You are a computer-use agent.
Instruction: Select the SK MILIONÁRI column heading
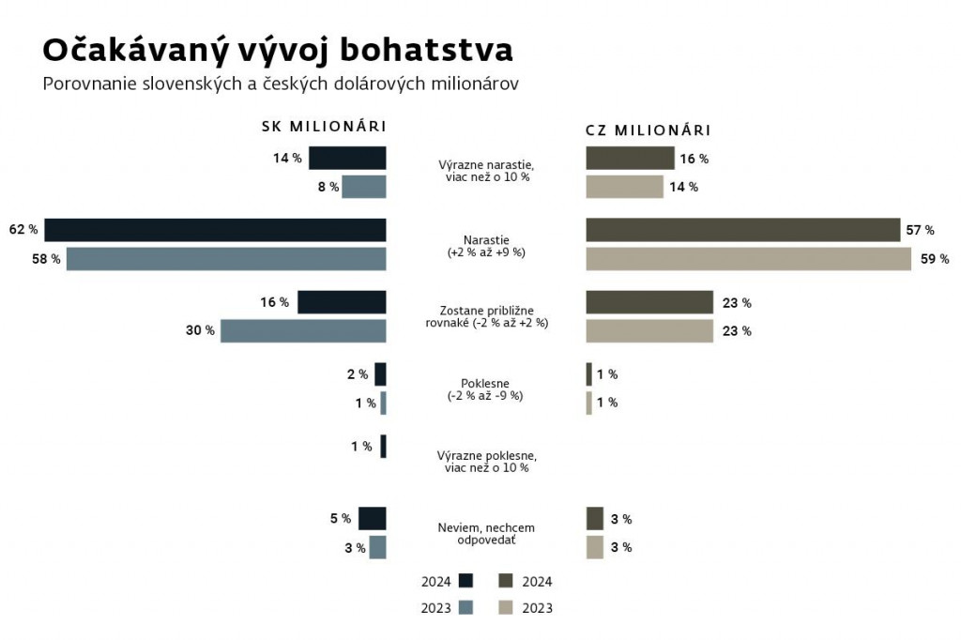click(x=324, y=127)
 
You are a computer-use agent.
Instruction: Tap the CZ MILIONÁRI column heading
click(x=648, y=130)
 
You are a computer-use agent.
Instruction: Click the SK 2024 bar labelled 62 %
click(x=215, y=230)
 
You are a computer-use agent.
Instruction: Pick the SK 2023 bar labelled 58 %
click(x=226, y=258)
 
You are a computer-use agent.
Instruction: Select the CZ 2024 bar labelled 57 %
click(x=742, y=230)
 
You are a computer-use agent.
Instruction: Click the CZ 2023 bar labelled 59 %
click(x=748, y=258)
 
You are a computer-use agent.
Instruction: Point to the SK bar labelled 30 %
click(x=303, y=330)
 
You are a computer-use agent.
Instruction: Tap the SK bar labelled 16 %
click(x=342, y=302)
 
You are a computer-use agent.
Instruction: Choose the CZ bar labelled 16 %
click(x=630, y=158)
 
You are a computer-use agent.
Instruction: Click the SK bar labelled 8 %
click(x=364, y=186)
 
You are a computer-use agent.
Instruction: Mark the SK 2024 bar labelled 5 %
click(x=373, y=518)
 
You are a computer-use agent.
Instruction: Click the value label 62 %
click(x=23, y=230)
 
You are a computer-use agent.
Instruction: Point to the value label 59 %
click(x=934, y=258)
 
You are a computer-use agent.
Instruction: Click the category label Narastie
click(x=486, y=238)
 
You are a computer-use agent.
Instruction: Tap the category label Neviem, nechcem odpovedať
click(x=486, y=534)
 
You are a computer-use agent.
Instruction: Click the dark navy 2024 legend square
click(x=465, y=581)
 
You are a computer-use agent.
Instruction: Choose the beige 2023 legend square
click(x=505, y=608)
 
